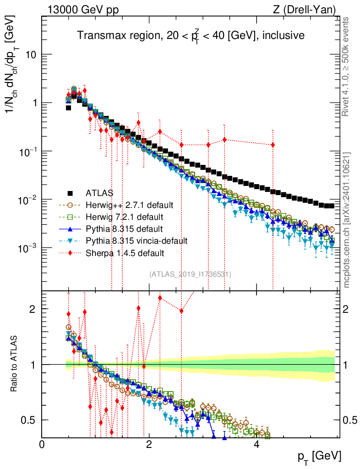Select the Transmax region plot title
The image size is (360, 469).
pyautogui.click(x=191, y=35)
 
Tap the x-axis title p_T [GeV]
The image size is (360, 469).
pyautogui.click(x=318, y=456)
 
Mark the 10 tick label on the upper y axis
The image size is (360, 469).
pyautogui.click(x=29, y=55)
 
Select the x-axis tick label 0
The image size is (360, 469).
pyautogui.click(x=42, y=444)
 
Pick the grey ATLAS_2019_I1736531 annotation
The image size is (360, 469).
pyautogui.click(x=190, y=274)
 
